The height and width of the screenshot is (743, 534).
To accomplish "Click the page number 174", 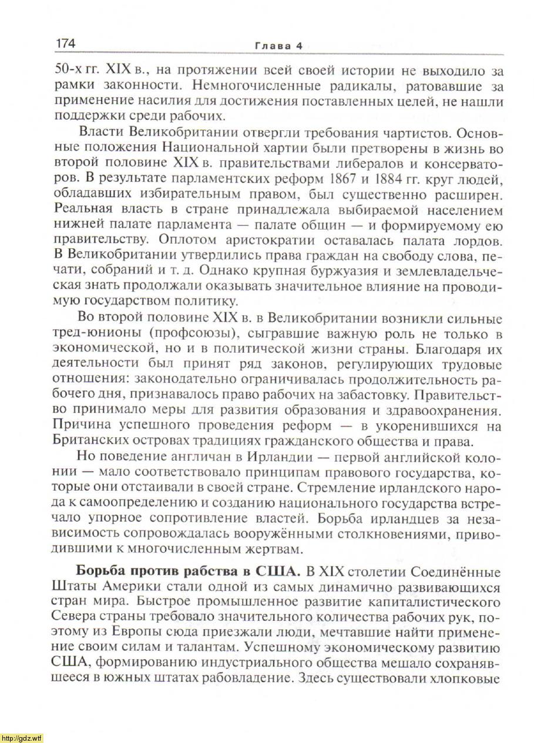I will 66,43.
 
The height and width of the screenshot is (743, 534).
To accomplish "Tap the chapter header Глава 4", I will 278,46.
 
